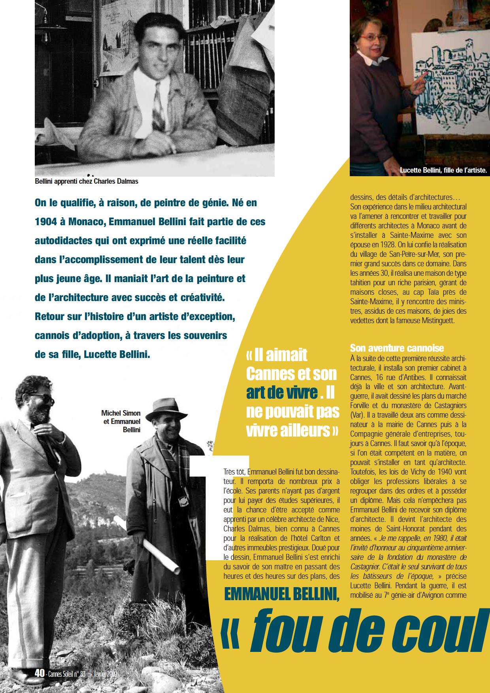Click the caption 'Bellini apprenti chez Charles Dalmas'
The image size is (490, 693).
[x=87, y=181]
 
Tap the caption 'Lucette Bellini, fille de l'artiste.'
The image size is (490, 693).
[x=443, y=171]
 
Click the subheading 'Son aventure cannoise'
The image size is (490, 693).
[x=397, y=348]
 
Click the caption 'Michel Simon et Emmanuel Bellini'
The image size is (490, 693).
[x=121, y=421]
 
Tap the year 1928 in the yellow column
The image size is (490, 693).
[x=402, y=245]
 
